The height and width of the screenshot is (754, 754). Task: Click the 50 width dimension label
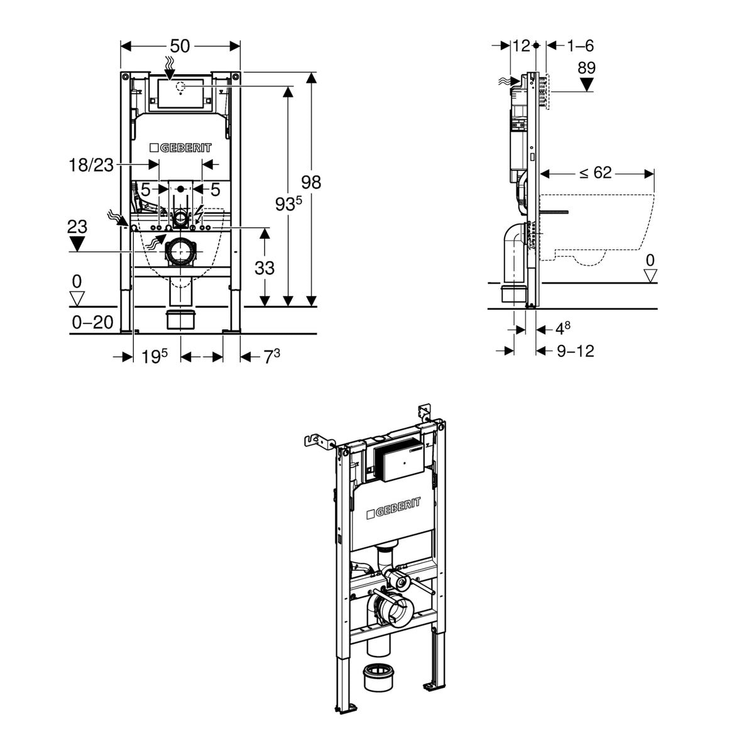(x=180, y=46)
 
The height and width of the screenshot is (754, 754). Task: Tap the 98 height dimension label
(x=311, y=182)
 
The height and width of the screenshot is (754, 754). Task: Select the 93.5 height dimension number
(x=288, y=204)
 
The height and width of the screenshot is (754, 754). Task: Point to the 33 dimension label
(x=265, y=268)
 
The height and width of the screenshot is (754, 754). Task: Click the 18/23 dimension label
(x=91, y=165)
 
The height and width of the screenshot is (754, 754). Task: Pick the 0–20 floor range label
(x=93, y=322)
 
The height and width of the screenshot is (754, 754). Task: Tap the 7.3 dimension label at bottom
(x=271, y=356)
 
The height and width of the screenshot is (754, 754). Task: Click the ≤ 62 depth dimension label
(x=595, y=173)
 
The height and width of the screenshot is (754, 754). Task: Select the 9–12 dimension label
(x=576, y=351)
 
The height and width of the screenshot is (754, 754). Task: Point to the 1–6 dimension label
(x=581, y=46)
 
